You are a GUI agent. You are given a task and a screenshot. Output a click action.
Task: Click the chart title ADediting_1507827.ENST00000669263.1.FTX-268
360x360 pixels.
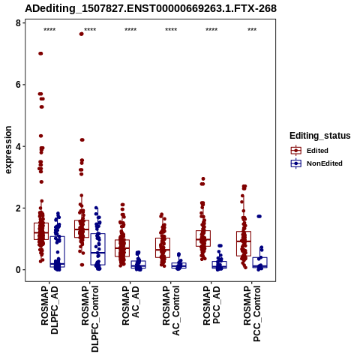tap(151, 8)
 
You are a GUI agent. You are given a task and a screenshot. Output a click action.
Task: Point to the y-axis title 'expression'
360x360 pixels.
tap(8, 150)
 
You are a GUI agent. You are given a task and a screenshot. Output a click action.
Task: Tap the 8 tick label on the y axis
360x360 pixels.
tap(18, 23)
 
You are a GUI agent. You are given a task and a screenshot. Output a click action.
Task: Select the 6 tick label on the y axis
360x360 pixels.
tap(18, 85)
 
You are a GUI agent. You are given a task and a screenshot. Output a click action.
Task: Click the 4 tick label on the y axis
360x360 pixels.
tap(18, 146)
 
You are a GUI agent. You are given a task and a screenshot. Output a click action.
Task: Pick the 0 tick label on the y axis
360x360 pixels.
tap(18, 270)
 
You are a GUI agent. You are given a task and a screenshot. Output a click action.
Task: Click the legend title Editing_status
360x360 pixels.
tap(320, 136)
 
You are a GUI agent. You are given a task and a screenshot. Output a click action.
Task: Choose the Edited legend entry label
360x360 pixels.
tap(317, 151)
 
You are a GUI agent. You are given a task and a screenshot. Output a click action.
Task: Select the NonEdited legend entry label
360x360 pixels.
tap(325, 163)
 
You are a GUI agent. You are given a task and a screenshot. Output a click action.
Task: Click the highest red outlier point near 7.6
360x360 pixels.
tap(82, 34)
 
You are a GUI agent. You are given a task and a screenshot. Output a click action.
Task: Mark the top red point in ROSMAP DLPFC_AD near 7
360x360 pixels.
tap(40, 53)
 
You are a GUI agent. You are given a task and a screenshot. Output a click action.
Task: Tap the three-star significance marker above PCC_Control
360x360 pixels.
tap(252, 30)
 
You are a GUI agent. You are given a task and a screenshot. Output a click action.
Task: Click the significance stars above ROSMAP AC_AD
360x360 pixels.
tap(130, 30)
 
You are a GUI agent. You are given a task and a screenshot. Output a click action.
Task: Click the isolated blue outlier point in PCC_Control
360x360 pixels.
tap(259, 217)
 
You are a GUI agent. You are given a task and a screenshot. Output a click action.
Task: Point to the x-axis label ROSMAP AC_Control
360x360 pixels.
tap(171, 310)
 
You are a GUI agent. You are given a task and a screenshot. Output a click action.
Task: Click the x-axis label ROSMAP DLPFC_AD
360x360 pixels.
tap(49, 310)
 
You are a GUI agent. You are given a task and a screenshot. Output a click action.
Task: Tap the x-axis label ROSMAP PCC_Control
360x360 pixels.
tap(252, 313)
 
